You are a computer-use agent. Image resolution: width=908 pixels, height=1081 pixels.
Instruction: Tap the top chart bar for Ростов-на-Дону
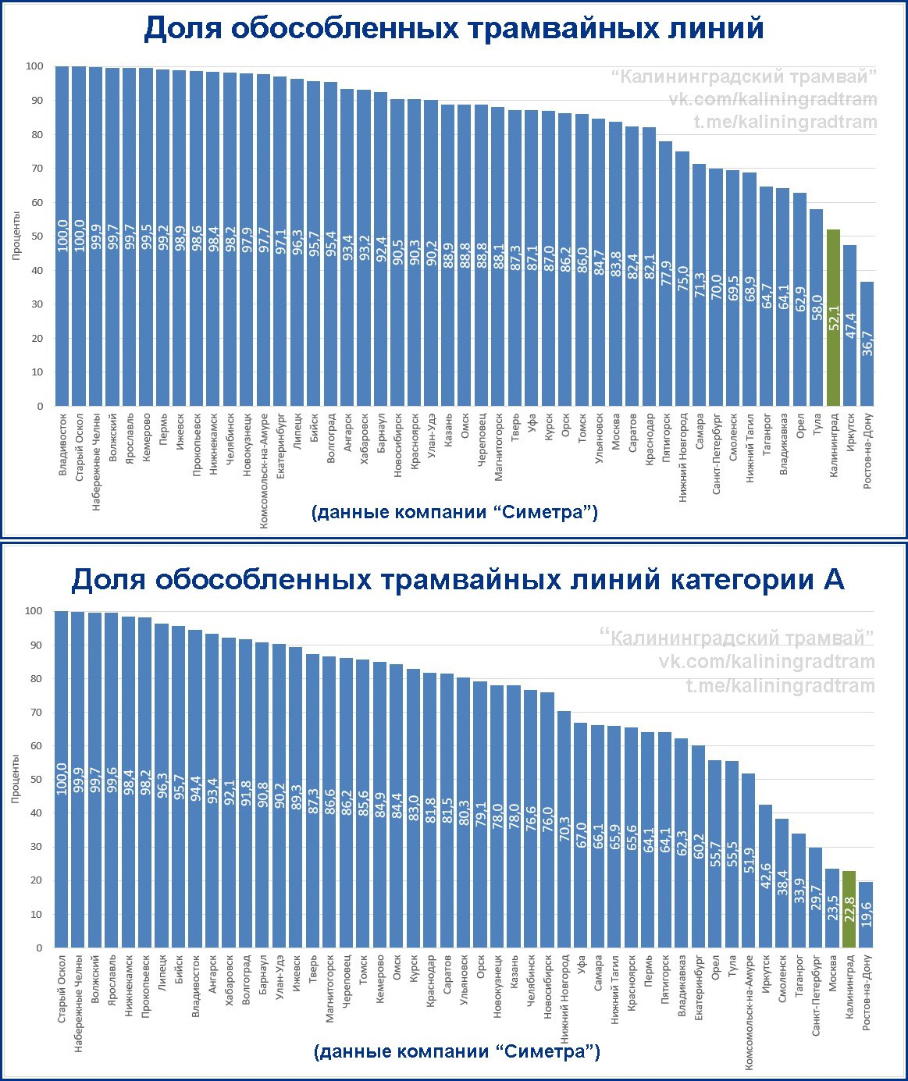tap(867, 343)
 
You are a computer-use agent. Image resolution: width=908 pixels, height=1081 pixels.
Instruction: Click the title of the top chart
tap(454, 29)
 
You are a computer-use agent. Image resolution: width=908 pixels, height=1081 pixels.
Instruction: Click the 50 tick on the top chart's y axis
tap(34, 236)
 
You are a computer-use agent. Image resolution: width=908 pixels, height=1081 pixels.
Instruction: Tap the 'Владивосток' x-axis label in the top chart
tap(63, 445)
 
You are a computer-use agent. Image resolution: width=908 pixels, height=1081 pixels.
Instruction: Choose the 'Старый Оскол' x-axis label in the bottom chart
tap(62, 987)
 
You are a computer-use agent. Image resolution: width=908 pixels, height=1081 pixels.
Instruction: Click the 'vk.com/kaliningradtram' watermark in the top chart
tap(772, 99)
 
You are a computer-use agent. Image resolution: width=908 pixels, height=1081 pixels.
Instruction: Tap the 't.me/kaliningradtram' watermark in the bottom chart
tap(780, 685)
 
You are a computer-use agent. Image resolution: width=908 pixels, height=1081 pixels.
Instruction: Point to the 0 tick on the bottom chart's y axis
tap(39, 948)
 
